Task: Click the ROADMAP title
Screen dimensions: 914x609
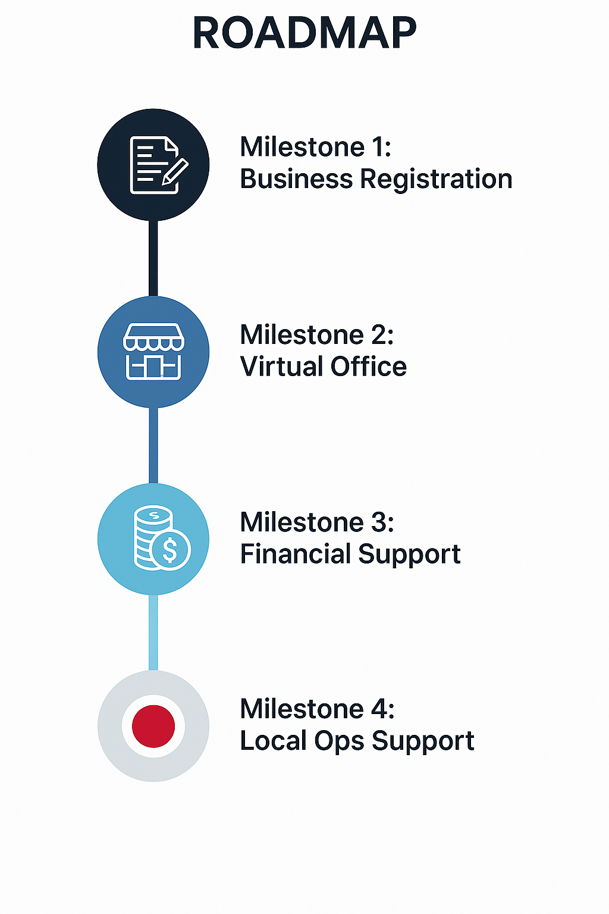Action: point(304,33)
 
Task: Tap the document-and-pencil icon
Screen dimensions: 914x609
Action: point(156,165)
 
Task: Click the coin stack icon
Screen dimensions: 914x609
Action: point(159,539)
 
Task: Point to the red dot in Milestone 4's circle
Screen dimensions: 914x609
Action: point(153,726)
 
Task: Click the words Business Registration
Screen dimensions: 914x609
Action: point(376,179)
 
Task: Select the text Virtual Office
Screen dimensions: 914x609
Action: point(323,367)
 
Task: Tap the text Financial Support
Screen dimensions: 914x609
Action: point(350,554)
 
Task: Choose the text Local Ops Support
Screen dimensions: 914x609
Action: point(357,741)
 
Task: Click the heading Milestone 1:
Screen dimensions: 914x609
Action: point(315,147)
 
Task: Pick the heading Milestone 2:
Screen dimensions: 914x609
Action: point(316,334)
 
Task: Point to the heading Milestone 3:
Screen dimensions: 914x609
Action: point(316,522)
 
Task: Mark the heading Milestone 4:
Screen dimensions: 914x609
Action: point(316,709)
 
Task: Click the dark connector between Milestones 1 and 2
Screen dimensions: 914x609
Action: point(153,258)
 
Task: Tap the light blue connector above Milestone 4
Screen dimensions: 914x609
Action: point(153,632)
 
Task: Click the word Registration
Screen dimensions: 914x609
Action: point(436,179)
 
